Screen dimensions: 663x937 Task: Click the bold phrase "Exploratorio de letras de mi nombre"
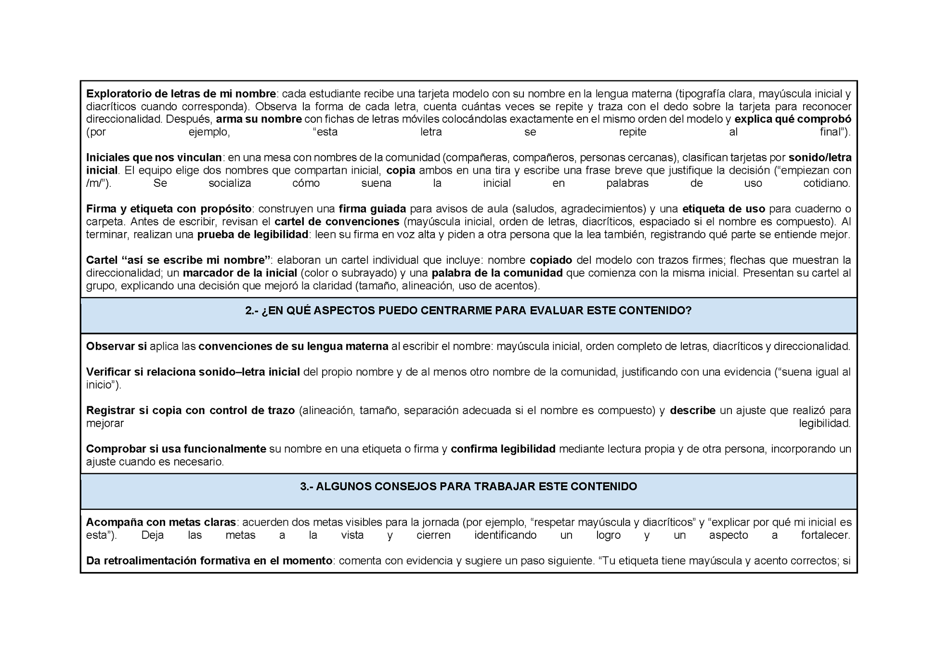181,93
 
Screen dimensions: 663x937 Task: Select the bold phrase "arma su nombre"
259,119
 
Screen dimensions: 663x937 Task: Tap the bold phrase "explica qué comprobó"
793,119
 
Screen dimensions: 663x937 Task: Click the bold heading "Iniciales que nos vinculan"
154,157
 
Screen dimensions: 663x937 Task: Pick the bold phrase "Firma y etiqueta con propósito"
169,209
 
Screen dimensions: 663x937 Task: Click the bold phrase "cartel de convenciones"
337,221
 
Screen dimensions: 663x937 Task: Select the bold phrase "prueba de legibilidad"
253,234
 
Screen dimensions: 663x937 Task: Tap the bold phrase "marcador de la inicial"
240,273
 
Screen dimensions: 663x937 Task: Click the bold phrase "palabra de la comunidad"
497,273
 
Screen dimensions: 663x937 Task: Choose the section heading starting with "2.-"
468,311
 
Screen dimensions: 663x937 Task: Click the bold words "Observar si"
116,346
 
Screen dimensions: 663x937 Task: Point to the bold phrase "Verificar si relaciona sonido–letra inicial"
193,372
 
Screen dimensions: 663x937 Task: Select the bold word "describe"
692,410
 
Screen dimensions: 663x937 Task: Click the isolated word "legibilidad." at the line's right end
825,423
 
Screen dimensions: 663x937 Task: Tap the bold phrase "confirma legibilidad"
503,449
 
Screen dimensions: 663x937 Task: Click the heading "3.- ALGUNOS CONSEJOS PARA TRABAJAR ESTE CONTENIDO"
468,486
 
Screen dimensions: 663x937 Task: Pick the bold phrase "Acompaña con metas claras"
161,522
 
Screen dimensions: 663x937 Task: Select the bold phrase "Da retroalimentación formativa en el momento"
209,560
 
